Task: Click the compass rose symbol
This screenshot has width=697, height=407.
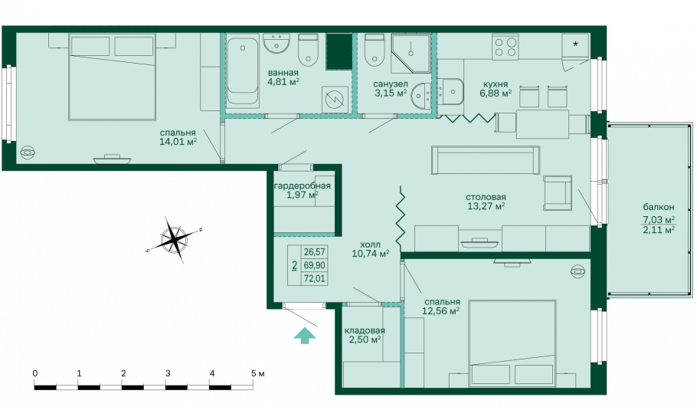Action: click(175, 239)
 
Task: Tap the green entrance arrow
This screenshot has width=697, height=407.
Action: click(305, 335)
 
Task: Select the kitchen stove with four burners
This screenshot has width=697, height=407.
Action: click(505, 47)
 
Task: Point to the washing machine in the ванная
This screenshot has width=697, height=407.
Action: click(335, 99)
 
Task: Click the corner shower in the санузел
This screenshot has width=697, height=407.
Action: click(411, 53)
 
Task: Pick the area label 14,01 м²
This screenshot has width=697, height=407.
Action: click(178, 142)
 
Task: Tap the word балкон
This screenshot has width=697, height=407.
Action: click(659, 207)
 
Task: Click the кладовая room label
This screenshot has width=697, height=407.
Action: click(365, 330)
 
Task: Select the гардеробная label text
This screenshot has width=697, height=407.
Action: click(303, 185)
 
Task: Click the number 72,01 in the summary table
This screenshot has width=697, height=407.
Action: click(314, 279)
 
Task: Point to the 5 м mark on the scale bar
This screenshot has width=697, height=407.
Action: click(258, 373)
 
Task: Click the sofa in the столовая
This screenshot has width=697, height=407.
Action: click(486, 160)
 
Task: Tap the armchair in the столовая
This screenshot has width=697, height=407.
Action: click(558, 192)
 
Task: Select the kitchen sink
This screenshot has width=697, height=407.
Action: click(450, 92)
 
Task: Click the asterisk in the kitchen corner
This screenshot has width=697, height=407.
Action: click(576, 44)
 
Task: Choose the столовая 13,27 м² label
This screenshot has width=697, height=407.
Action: click(486, 202)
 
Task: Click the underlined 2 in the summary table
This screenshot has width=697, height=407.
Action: click(294, 265)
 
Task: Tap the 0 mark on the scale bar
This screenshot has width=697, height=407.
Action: click(35, 373)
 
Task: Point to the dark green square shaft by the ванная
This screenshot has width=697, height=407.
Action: click(339, 51)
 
